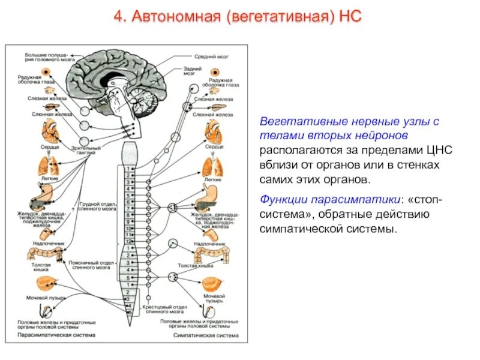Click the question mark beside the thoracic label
73,209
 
